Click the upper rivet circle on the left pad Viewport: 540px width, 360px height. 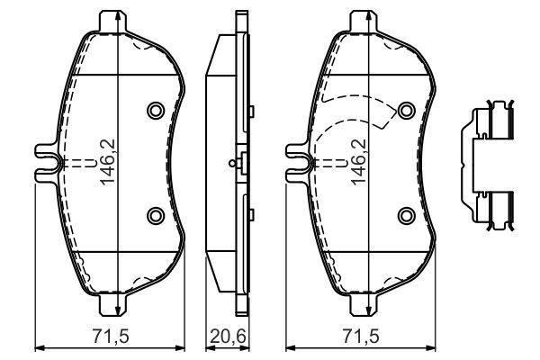pyautogui.click(x=155, y=111)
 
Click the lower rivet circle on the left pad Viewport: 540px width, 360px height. pyautogui.click(x=155, y=214)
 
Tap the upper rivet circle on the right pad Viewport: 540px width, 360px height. pyautogui.click(x=407, y=111)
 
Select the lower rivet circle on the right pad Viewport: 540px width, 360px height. pyautogui.click(x=407, y=214)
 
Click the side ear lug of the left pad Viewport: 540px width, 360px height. pyautogui.click(x=45, y=162)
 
